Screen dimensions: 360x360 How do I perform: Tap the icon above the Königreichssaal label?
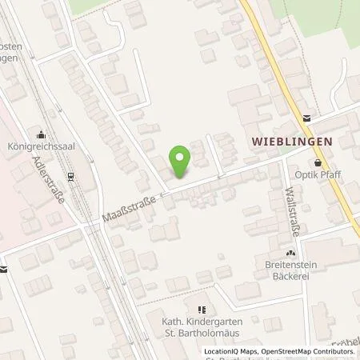(x=42, y=134)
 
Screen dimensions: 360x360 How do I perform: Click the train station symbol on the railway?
(x=71, y=177)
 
